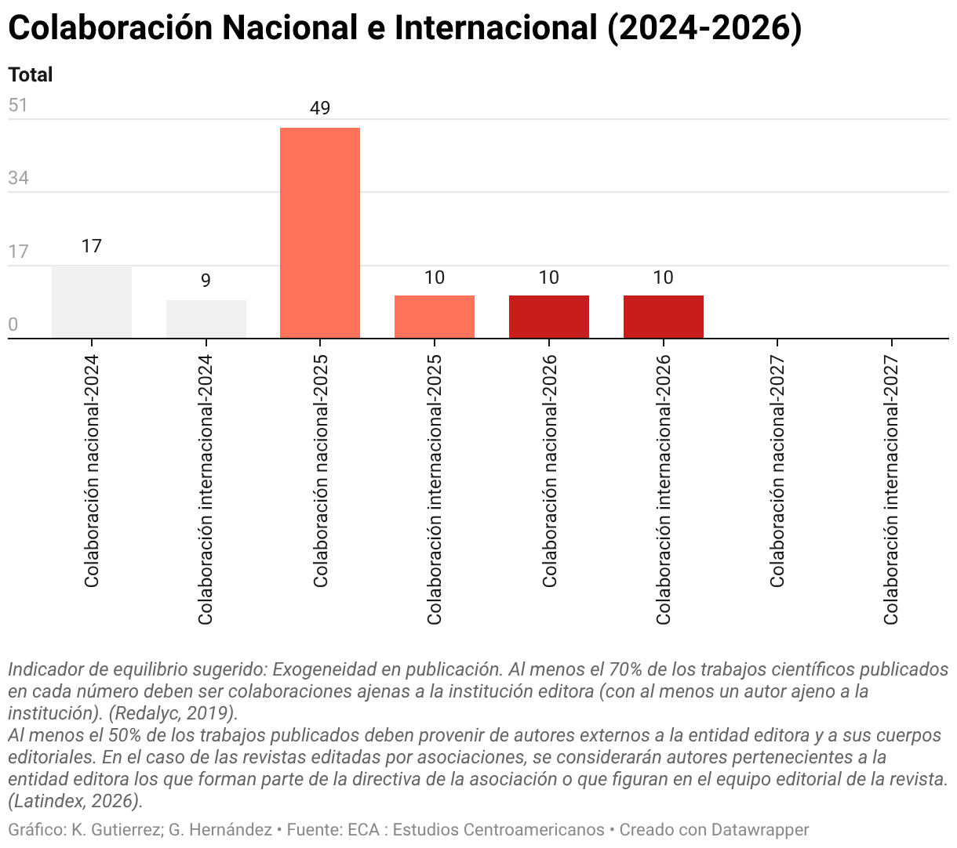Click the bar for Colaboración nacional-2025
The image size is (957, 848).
point(320,233)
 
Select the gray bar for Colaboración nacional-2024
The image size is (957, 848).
point(92,302)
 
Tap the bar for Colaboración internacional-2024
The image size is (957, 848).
point(206,319)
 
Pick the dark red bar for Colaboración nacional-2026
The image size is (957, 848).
point(549,317)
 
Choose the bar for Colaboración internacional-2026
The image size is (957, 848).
point(663,317)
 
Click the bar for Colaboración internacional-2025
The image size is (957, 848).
point(434,317)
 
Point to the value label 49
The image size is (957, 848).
point(320,108)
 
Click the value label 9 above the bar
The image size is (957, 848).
point(206,281)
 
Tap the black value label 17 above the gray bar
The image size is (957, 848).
point(92,246)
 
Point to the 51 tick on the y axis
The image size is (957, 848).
point(18,105)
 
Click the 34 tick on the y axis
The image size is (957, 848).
point(18,178)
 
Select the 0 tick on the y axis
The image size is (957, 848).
point(13,324)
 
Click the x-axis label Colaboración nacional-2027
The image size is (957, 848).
point(777,471)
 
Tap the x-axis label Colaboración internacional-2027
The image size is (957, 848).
point(891,490)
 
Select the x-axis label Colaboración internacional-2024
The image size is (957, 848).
point(206,490)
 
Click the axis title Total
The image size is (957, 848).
point(31,74)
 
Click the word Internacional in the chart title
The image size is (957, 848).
point(497,27)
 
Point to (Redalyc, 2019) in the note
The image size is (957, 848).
point(173,713)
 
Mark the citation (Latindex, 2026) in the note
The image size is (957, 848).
point(75,801)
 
